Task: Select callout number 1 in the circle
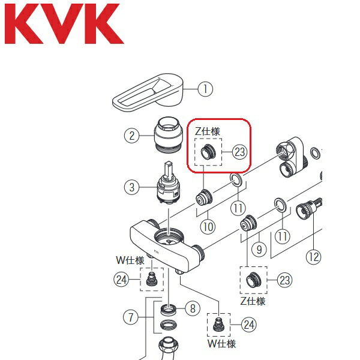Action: pos(205,89)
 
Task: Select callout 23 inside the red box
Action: pos(240,152)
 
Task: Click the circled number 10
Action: pos(208,227)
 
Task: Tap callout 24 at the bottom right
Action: pos(248,325)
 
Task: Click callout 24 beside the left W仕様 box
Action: pos(122,278)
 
